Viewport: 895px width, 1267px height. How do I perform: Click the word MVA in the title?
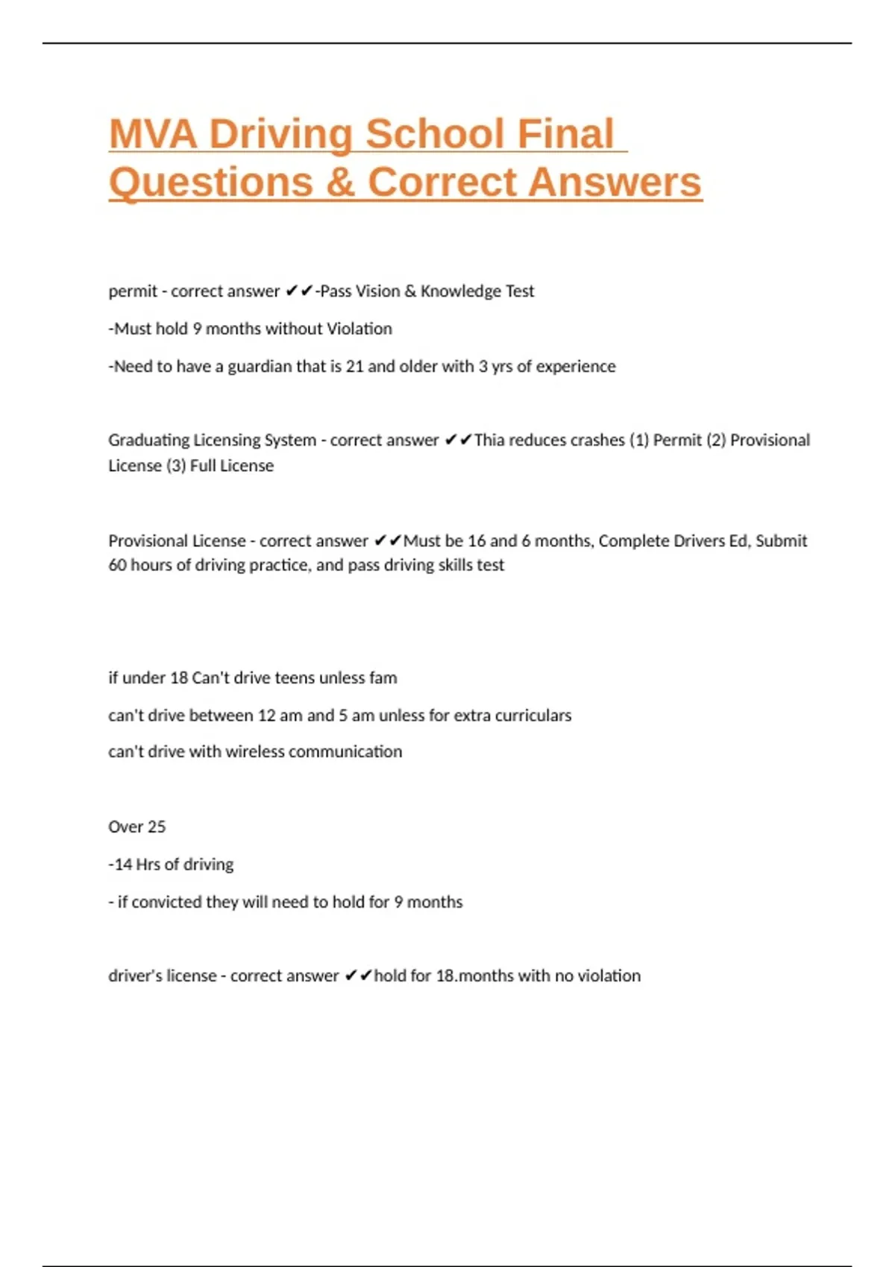pyautogui.click(x=153, y=134)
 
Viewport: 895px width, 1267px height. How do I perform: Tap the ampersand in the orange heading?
pyautogui.click(x=340, y=183)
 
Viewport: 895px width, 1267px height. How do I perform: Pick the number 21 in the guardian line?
pyautogui.click(x=354, y=367)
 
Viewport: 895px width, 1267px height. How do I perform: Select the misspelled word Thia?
pyautogui.click(x=489, y=440)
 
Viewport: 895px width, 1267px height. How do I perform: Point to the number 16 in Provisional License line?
pyautogui.click(x=477, y=541)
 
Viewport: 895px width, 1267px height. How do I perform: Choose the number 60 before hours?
pyautogui.click(x=117, y=566)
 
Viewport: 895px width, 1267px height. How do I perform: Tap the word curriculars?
pyautogui.click(x=533, y=715)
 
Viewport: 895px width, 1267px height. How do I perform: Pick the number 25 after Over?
pyautogui.click(x=157, y=827)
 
